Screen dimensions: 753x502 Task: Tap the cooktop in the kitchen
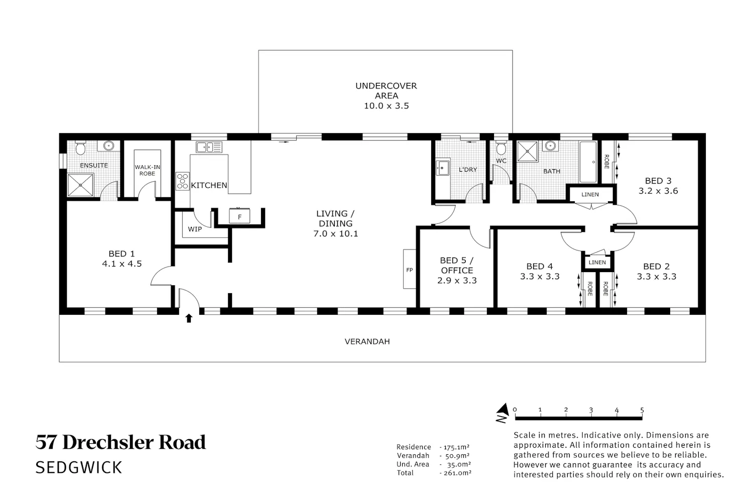pos(183,181)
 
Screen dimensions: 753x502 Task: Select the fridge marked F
pos(239,216)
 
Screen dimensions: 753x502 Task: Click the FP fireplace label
pos(410,270)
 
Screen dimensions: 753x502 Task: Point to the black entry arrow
pos(189,318)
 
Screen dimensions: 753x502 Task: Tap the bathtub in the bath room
pos(588,162)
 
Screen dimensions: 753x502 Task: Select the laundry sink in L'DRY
pos(442,168)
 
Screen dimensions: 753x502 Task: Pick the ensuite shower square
pos(80,185)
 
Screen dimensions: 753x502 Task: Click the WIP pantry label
pos(195,229)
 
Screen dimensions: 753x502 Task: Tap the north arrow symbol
pos(503,413)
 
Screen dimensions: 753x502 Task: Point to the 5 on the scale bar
pos(642,410)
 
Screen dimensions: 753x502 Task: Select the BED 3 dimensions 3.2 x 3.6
pos(658,191)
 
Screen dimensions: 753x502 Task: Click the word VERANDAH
pos(367,341)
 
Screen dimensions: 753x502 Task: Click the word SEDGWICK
pos(79,468)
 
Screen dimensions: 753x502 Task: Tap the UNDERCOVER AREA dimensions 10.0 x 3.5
pos(387,105)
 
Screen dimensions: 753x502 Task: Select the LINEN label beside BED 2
pos(597,262)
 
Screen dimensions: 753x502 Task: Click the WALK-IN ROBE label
pos(147,170)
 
